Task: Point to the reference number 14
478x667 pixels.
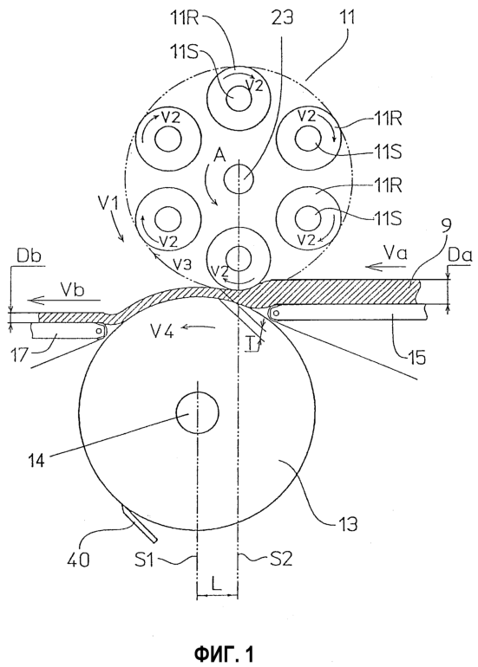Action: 36,460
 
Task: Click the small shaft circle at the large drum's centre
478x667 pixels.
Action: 198,412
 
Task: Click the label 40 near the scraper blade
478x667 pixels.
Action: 78,560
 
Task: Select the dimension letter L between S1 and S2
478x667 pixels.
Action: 216,584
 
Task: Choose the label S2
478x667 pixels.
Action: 280,558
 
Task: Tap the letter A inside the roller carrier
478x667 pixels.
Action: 219,158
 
